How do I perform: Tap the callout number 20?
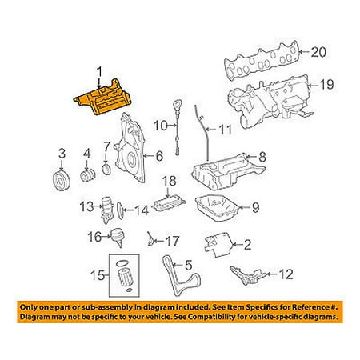[x=318, y=52]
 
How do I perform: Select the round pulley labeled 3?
[x=62, y=182]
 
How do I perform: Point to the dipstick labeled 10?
[x=177, y=127]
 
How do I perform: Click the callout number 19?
[x=326, y=85]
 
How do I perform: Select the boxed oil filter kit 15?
[x=124, y=275]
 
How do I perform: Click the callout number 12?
[x=286, y=274]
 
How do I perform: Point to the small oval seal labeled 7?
[x=106, y=170]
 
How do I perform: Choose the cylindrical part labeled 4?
[x=88, y=175]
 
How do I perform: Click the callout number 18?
[x=169, y=181]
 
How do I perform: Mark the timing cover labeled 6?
[x=130, y=148]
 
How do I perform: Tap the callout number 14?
[x=142, y=210]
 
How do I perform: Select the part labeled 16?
[x=118, y=238]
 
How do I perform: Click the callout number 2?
[x=248, y=245]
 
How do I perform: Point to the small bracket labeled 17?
[x=150, y=239]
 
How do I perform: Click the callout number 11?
[x=226, y=130]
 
